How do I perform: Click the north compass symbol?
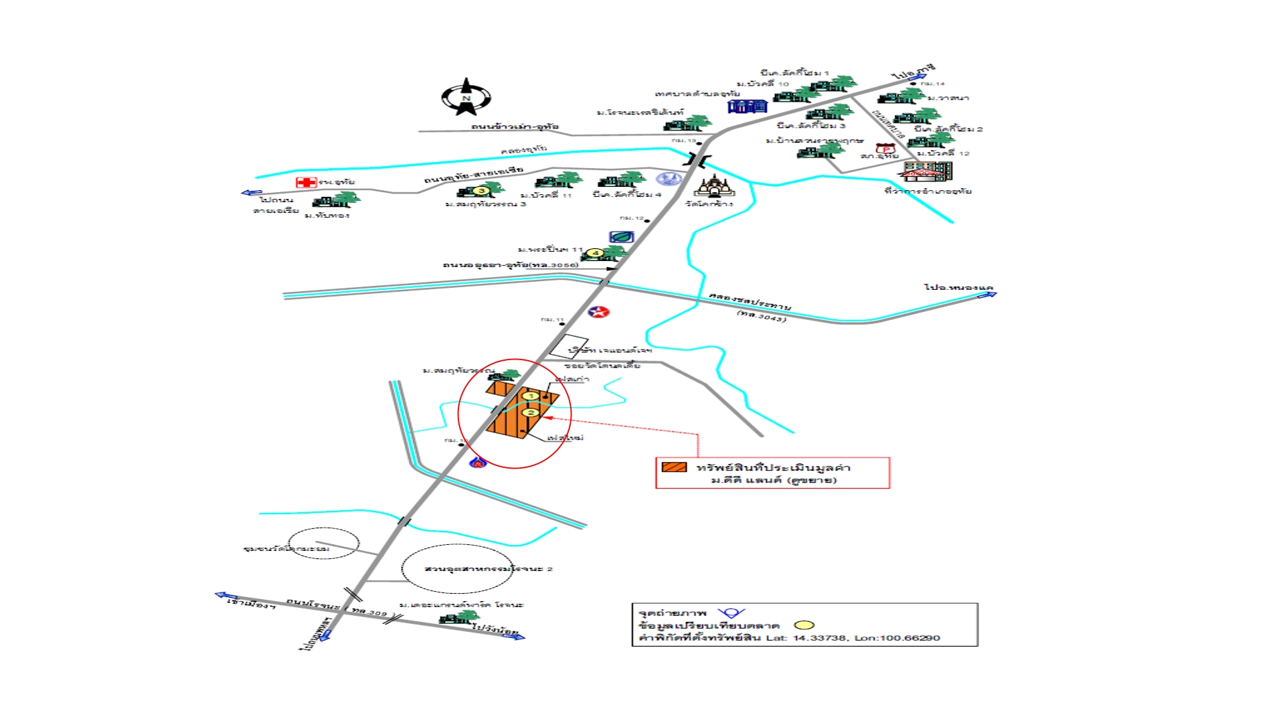466,97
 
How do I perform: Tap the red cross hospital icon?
306,182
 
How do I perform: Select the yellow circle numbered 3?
481,191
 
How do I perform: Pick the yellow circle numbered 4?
595,253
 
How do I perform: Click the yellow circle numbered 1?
531,396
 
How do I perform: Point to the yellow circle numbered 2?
531,412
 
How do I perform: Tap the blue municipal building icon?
747,106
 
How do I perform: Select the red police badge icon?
885,148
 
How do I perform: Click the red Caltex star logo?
598,311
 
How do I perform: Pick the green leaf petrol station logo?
621,236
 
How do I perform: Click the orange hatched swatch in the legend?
674,467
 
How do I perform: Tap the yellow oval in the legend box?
804,625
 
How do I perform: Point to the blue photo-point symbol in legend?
731,613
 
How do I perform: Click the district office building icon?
927,171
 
